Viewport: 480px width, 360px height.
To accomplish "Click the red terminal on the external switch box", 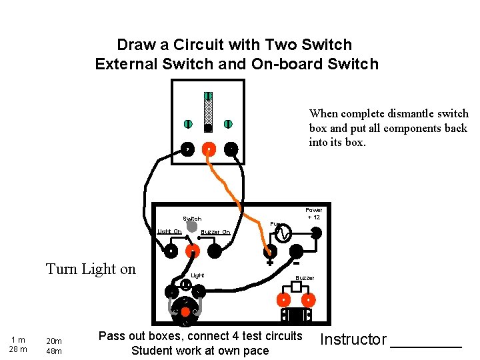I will click(209, 149).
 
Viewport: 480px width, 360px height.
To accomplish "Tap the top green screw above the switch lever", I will click(208, 97).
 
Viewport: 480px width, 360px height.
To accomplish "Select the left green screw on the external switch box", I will click(188, 124).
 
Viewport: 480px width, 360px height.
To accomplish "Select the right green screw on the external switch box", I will click(228, 124).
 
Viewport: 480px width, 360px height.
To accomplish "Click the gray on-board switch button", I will click(192, 227).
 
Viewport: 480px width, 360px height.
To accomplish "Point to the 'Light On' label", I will click(169, 231).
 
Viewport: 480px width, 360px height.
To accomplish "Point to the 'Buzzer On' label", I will click(215, 232).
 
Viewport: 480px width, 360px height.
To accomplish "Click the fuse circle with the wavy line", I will click(282, 233).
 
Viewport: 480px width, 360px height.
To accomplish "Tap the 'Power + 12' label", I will click(313, 213).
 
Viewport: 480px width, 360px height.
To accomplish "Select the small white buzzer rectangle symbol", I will click(297, 287).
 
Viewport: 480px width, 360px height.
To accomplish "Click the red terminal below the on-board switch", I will click(192, 251).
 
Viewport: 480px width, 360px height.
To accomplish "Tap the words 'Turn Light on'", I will click(91, 269).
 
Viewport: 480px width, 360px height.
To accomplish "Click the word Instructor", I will click(353, 339).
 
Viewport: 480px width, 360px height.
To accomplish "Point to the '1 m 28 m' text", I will click(19, 345).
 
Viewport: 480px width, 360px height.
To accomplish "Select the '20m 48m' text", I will click(53, 346).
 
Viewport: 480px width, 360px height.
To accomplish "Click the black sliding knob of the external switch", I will click(208, 127).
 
